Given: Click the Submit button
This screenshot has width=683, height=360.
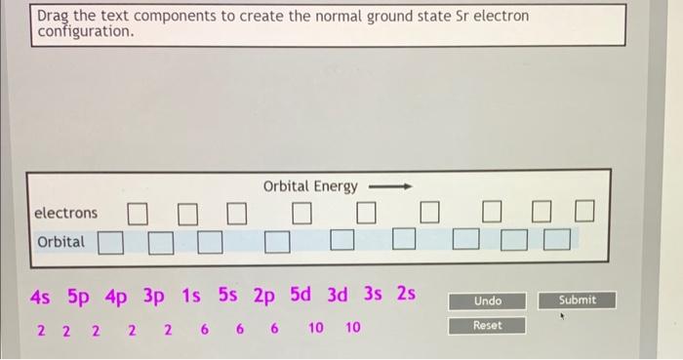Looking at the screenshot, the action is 578,300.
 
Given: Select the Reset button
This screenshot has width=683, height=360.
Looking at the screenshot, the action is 488,325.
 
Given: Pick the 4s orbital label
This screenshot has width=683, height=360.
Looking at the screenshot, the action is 42,296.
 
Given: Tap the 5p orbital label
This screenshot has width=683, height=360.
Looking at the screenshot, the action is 79,296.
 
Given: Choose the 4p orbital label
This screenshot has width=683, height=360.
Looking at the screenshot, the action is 116,296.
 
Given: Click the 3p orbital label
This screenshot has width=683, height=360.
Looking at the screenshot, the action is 154,296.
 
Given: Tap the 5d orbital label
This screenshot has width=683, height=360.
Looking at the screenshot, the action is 302,296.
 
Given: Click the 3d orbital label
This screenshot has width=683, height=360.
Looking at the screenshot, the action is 339,296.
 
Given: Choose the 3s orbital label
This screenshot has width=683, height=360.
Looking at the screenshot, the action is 373,296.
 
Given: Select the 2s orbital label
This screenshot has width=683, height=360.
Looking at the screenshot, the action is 405,296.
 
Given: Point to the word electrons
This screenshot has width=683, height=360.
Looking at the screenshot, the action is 65,213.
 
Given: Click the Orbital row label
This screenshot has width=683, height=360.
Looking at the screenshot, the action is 60,241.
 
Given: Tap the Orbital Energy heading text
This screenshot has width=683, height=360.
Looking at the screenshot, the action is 310,186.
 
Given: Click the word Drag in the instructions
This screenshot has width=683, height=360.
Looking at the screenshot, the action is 54,17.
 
